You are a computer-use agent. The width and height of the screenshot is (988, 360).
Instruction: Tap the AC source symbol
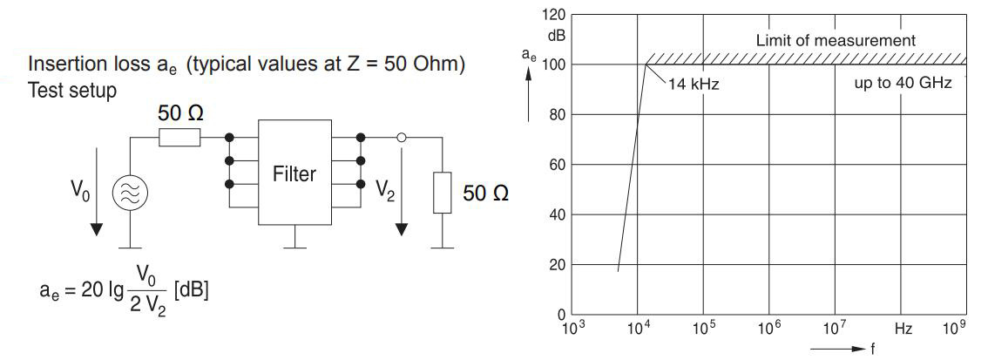pyautogui.click(x=130, y=193)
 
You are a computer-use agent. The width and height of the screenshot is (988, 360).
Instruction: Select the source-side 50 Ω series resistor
pyautogui.click(x=179, y=137)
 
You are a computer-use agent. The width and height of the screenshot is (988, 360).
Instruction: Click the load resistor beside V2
pyautogui.click(x=443, y=193)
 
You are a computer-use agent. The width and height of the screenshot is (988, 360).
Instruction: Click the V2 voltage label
pyautogui.click(x=384, y=191)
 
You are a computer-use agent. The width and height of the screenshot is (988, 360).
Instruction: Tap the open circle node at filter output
pyautogui.click(x=402, y=137)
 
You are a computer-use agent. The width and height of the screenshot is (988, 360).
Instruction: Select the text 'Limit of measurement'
pyautogui.click(x=836, y=40)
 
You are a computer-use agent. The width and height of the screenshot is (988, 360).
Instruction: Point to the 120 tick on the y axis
pyautogui.click(x=553, y=15)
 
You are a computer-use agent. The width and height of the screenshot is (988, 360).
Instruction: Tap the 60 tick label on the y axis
pyautogui.click(x=557, y=165)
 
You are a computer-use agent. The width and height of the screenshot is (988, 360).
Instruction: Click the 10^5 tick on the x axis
pyautogui.click(x=704, y=329)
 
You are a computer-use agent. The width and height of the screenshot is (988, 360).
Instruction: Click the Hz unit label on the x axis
pyautogui.click(x=903, y=329)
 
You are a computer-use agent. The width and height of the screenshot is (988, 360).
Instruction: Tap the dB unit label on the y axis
pyautogui.click(x=556, y=36)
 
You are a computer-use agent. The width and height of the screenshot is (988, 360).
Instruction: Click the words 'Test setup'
pyautogui.click(x=72, y=90)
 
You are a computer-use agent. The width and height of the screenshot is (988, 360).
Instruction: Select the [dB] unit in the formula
pyautogui.click(x=191, y=289)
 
